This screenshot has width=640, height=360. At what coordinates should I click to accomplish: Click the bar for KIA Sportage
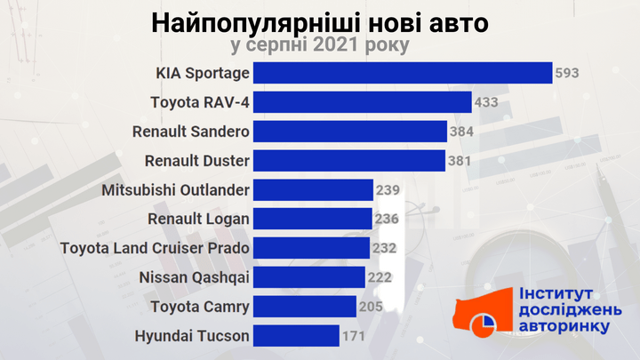coord(402,73)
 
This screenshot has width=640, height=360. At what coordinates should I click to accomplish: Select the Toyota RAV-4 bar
coord(362,102)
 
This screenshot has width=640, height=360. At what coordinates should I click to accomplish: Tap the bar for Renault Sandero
coord(349,132)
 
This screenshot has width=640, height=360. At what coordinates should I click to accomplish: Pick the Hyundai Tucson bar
coord(295,336)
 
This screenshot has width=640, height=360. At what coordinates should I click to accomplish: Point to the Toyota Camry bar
coord(304,307)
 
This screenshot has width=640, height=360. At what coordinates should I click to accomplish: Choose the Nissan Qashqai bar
coord(308,277)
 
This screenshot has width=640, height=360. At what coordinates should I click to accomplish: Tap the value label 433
coord(486,102)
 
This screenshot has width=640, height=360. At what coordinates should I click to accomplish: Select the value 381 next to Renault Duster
coord(460,161)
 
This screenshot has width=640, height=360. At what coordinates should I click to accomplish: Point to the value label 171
coord(354,336)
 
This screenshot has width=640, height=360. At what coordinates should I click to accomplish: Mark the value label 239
coord(388,190)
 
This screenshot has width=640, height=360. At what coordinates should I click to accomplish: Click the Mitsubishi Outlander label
coord(175,190)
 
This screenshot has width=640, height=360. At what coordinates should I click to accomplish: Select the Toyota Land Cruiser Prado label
coord(154,248)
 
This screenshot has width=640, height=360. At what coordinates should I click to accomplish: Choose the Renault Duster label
coord(196,161)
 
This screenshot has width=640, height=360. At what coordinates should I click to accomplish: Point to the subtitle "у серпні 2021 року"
coord(319,44)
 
